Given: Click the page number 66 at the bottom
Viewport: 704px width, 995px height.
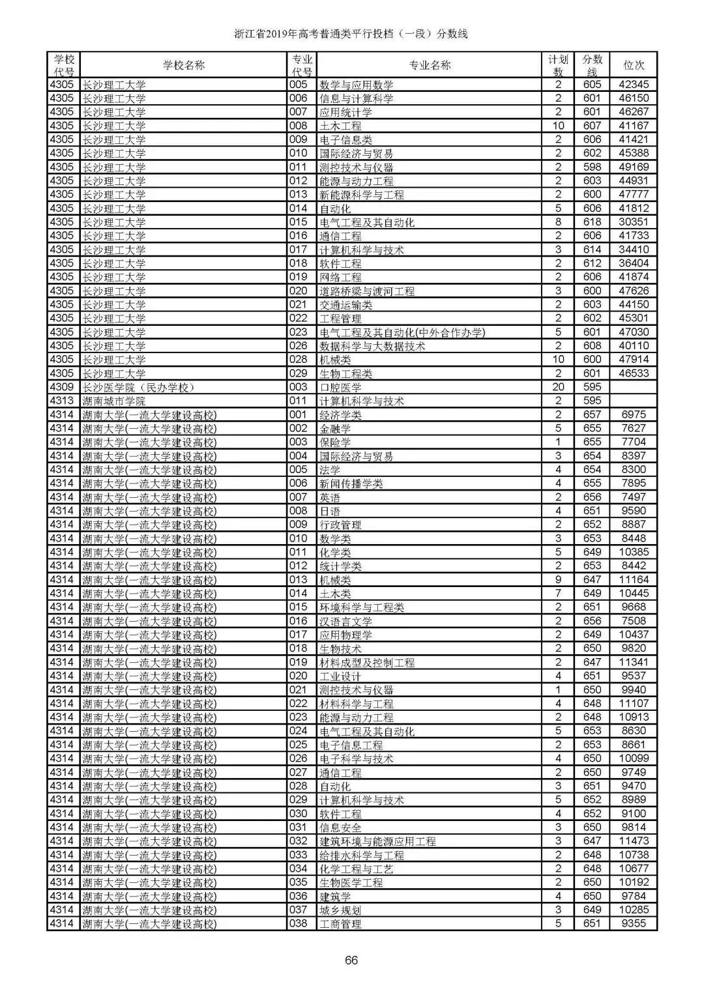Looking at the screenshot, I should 351,960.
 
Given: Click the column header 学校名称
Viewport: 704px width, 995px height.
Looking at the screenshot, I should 183,65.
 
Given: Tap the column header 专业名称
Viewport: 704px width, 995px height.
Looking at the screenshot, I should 430,65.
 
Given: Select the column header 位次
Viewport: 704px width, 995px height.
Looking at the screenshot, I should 634,65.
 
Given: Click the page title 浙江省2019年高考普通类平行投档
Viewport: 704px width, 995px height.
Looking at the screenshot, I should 351,34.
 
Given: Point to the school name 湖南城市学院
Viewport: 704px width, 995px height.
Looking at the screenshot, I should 114,401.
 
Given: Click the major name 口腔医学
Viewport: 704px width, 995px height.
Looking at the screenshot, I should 340,388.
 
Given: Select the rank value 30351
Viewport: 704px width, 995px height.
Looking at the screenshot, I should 634,222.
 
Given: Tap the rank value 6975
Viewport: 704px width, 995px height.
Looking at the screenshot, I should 634,415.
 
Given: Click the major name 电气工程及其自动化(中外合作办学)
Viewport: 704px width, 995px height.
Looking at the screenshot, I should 402,332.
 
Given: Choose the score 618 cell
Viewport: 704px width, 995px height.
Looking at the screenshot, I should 592,222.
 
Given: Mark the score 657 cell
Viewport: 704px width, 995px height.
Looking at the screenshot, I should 592,415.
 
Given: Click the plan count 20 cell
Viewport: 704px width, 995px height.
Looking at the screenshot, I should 558,388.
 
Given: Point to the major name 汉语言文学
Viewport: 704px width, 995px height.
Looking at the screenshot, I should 345,622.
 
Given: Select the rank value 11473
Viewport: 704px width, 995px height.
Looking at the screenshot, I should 634,841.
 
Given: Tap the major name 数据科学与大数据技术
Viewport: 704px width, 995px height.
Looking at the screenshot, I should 372,346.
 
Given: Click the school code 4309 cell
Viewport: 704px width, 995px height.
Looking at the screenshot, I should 62,388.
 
